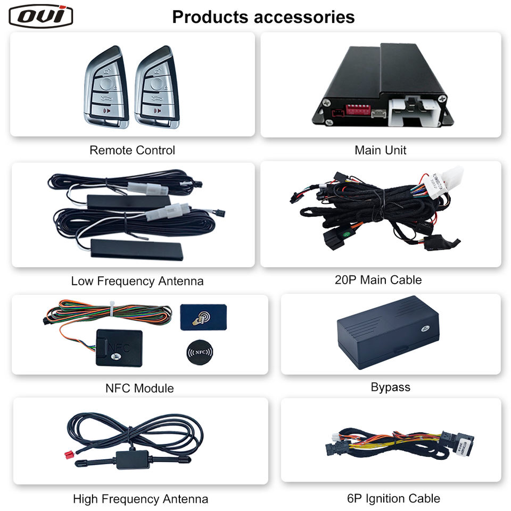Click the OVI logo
point(41,16)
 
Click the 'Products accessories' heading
point(263,17)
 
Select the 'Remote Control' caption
point(132,150)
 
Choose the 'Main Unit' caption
point(380,150)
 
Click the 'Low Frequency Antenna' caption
point(137,281)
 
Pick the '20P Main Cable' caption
point(378,279)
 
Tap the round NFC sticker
point(199,353)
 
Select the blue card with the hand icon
point(203,318)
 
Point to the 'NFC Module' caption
point(139,388)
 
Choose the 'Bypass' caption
point(390,387)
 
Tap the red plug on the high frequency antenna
point(68,455)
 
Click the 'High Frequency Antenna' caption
point(141,499)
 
